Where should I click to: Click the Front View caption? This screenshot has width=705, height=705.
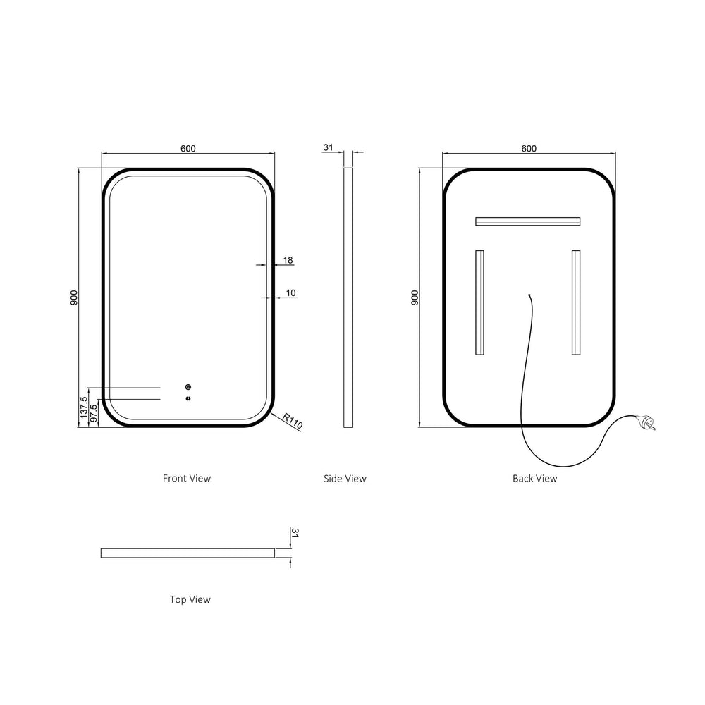coord(187,479)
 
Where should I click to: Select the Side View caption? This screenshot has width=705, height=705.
coord(345,479)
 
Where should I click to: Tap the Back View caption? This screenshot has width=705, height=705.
coord(534,479)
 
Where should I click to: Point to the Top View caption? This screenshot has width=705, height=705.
coord(190,599)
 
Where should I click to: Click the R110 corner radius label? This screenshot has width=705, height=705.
coord(293,421)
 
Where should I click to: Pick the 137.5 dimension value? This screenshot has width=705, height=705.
coord(84,407)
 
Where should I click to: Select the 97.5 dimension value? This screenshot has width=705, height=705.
coord(94,412)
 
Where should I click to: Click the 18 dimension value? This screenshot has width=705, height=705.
coord(288,260)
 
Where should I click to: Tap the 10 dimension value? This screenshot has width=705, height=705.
coord(291,293)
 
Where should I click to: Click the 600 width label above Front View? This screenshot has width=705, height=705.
coord(188,148)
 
